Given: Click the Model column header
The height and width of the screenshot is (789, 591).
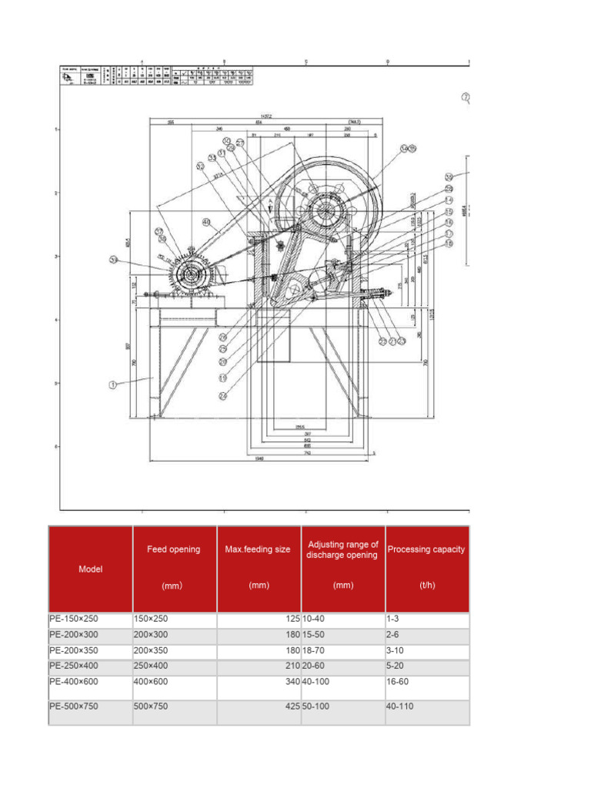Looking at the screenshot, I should [x=90, y=569].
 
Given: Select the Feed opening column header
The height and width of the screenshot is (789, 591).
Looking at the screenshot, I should [x=174, y=549].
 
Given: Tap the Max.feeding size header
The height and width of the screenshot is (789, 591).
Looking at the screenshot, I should [x=258, y=549].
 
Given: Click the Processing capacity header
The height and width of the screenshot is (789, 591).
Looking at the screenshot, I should [x=426, y=549].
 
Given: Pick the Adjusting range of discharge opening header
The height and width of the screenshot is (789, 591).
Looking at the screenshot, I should [x=342, y=549].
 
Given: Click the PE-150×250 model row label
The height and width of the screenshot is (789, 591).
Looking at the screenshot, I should [x=74, y=619].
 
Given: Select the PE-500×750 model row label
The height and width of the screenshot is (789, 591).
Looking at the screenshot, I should [x=74, y=707].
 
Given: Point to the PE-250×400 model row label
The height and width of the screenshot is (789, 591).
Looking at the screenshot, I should [x=74, y=666].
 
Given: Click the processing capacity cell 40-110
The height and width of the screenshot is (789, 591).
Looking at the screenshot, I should [x=400, y=707].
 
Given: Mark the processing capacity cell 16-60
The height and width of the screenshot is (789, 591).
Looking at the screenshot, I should [x=398, y=682].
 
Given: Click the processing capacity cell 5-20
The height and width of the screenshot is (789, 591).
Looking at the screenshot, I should [x=396, y=666].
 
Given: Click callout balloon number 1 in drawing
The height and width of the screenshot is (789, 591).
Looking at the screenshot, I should [x=113, y=384].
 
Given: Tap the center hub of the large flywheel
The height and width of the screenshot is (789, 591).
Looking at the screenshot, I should [x=326, y=210].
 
